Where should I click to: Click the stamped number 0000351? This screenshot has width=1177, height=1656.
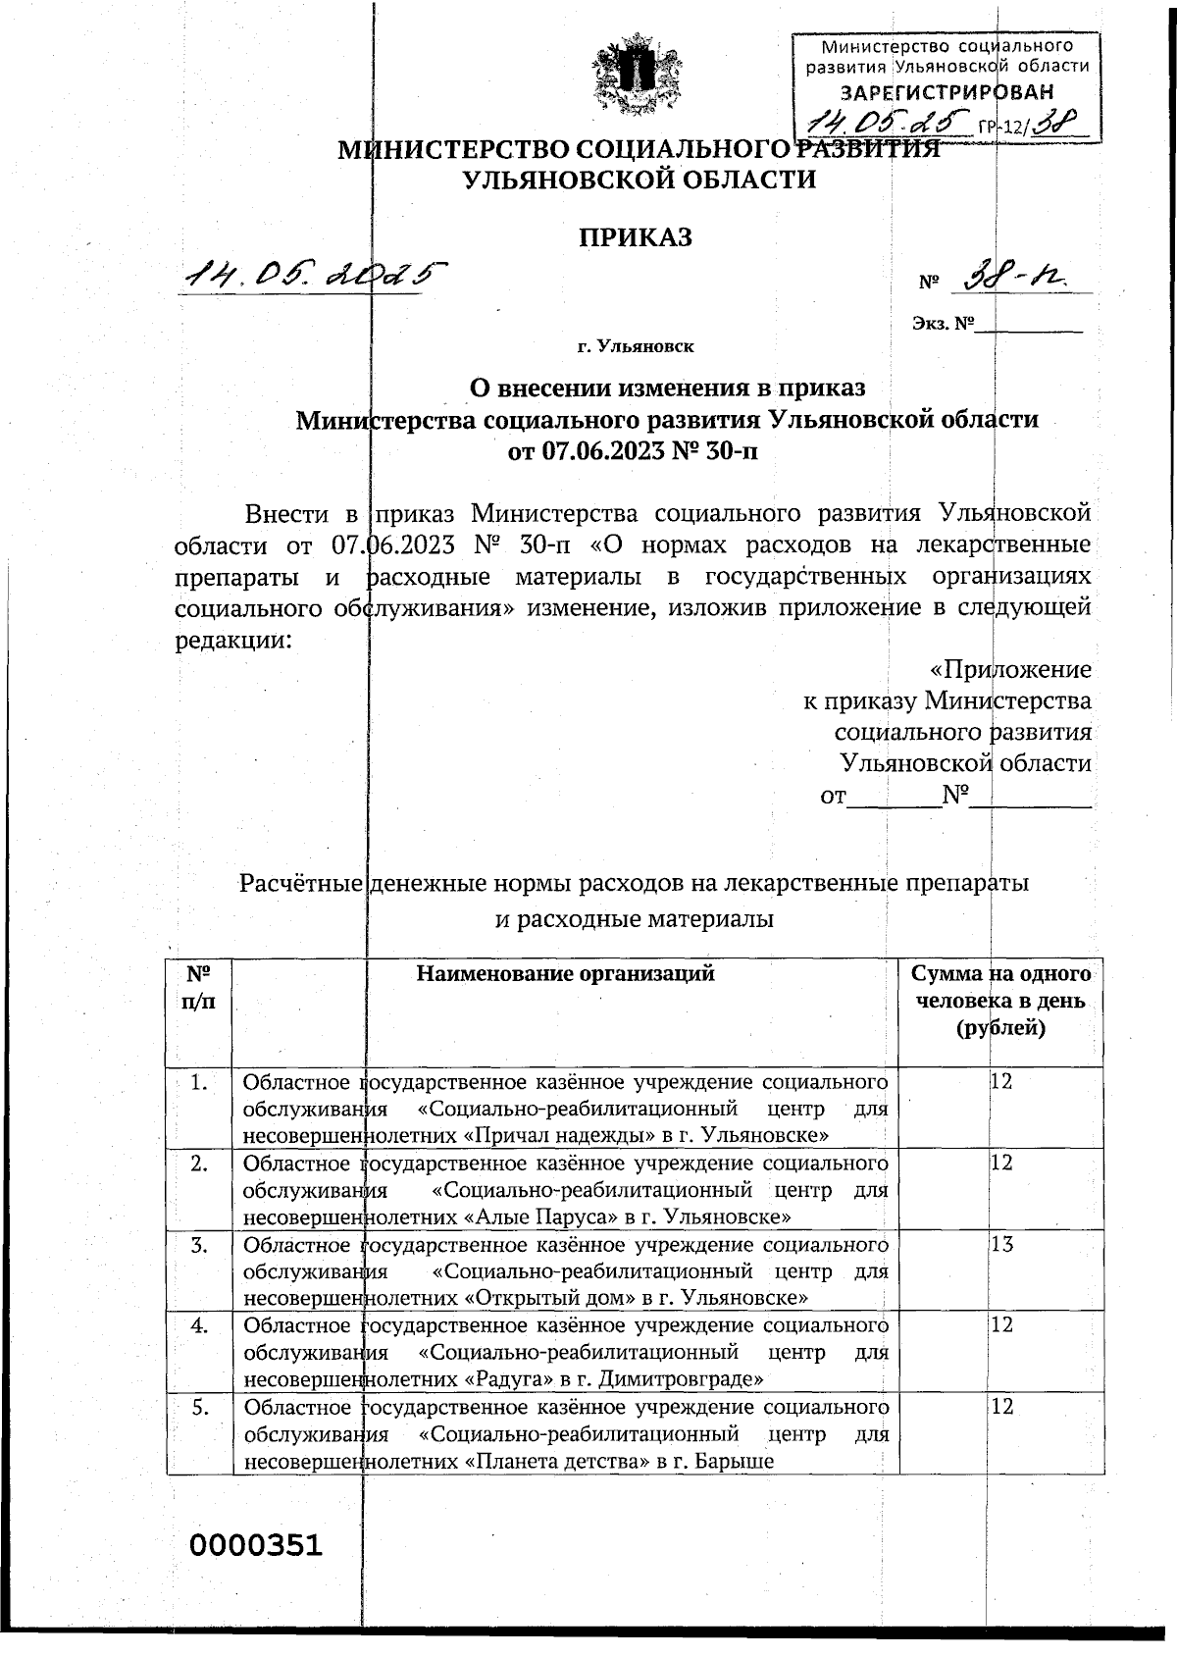(256, 1545)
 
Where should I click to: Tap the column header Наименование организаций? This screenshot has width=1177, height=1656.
(565, 973)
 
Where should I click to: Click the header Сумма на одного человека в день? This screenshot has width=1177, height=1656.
(1000, 1001)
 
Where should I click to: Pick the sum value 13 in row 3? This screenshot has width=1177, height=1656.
(1001, 1245)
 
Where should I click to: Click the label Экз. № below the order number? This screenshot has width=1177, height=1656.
(943, 323)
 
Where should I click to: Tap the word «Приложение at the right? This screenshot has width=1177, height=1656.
(1009, 669)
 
